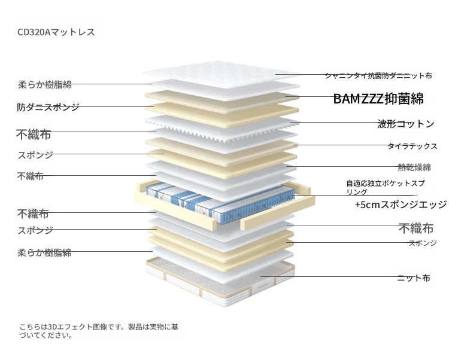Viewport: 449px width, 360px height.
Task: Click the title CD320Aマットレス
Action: [56, 32]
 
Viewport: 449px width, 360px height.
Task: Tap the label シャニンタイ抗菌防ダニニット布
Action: [378, 76]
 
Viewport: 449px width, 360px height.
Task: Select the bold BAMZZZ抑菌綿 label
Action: [378, 99]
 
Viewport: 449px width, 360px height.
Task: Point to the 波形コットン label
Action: [406, 124]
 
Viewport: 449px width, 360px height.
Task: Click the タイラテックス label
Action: [412, 146]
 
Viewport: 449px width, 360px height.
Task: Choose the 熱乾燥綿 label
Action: [414, 167]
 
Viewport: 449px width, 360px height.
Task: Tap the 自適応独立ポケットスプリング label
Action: [386, 187]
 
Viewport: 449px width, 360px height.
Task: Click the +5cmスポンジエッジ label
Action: [401, 205]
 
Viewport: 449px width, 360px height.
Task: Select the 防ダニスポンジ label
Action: [48, 107]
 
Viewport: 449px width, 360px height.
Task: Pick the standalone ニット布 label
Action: [414, 277]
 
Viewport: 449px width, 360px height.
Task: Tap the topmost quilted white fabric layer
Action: [222, 74]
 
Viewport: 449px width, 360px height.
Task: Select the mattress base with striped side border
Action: [220, 283]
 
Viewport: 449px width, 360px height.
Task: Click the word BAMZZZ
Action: [359, 99]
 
